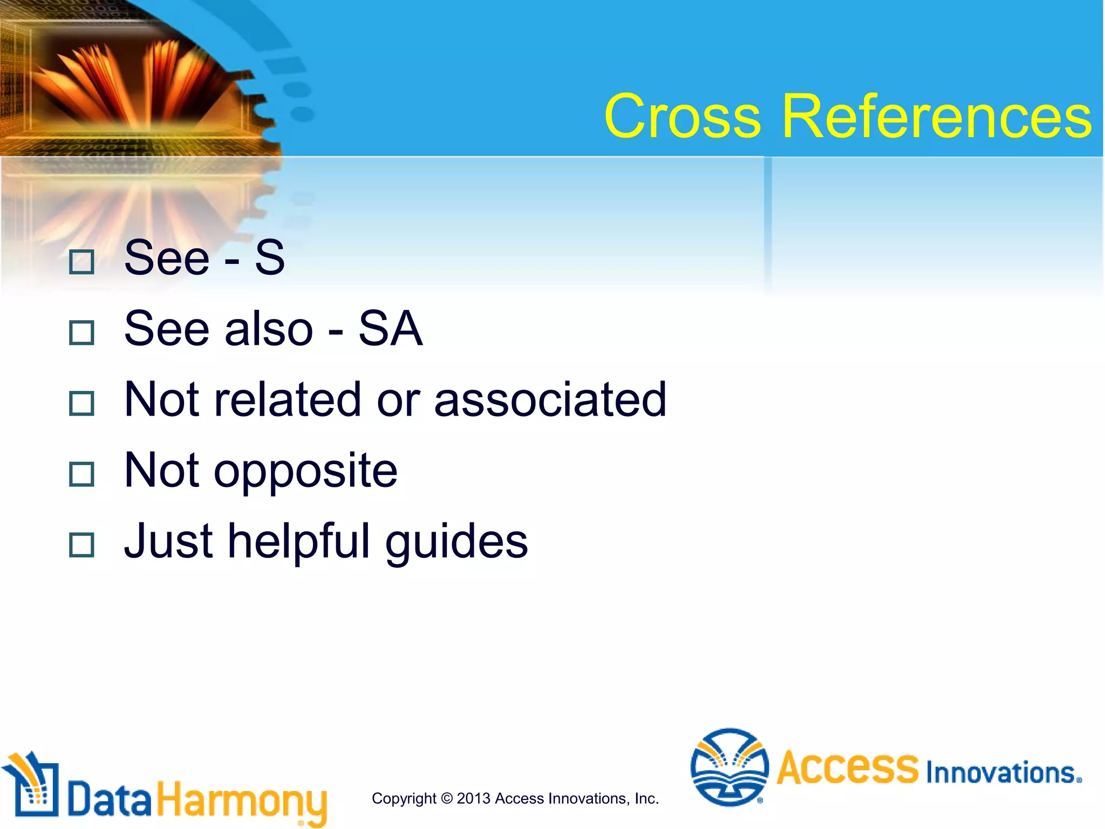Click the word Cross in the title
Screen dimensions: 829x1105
[682, 117]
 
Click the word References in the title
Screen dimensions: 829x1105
[936, 117]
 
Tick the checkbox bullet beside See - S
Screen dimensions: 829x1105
[82, 262]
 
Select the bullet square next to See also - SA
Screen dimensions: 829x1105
[82, 332]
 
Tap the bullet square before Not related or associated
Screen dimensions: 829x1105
[82, 403]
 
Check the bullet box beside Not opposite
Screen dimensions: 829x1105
[82, 474]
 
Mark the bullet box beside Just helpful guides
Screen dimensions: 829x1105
[82, 545]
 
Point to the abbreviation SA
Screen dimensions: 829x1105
[390, 328]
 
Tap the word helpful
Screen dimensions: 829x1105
[300, 541]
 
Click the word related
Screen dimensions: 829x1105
[288, 399]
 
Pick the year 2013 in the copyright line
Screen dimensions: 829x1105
[474, 798]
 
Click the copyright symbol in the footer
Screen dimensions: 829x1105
[446, 798]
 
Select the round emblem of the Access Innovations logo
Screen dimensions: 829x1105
[729, 767]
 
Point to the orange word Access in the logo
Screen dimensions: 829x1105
[847, 768]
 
